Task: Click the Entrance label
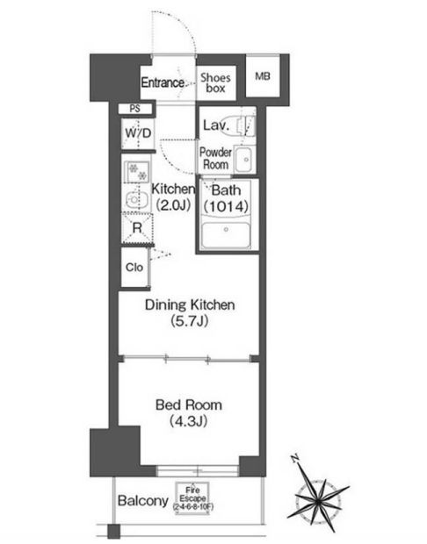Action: pos(163,82)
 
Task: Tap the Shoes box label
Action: pos(215,83)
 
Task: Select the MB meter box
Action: pos(263,76)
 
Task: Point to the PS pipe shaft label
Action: pos(135,109)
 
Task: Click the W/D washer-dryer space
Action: pos(138,134)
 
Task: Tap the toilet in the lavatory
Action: pos(246,125)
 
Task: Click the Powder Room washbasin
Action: pos(244,160)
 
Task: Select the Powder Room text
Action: pos(215,158)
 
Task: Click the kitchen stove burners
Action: pos(138,171)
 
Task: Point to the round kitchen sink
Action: pos(134,199)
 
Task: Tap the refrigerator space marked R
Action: pos(138,228)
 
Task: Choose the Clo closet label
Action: pos(134,267)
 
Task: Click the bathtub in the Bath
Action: pos(226,235)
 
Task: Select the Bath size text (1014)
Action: pos(226,206)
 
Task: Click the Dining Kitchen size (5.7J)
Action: pos(190,321)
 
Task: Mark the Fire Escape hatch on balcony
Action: pos(192,498)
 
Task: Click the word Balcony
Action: pos(143,501)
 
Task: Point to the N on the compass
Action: pos(295,458)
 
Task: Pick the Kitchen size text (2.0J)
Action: pos(173,205)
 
